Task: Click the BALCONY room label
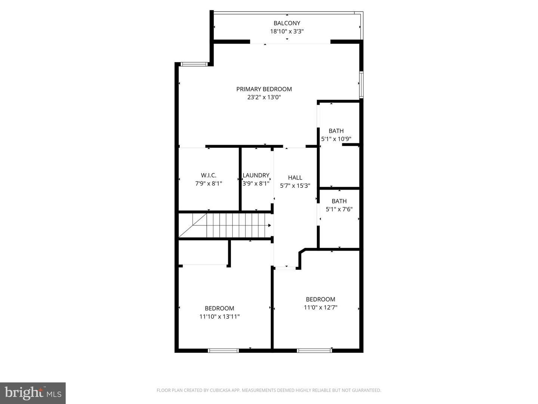[x=287, y=23]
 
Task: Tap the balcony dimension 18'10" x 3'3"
[x=287, y=32]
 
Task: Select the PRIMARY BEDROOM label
[x=264, y=89]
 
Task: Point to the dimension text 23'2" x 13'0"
[x=264, y=97]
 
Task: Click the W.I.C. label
[x=208, y=175]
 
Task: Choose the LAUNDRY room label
[x=256, y=175]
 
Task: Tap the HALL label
[x=295, y=177]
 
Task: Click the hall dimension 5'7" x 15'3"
[x=295, y=186]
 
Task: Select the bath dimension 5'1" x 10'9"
[x=336, y=139]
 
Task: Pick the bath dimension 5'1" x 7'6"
[x=339, y=209]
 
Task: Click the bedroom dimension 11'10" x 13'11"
[x=219, y=316]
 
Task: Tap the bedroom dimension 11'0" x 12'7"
[x=320, y=307]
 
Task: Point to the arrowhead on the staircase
[x=269, y=226]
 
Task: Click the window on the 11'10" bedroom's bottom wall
[x=223, y=351]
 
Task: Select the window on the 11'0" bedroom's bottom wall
[x=314, y=351]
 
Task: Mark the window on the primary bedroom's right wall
[x=361, y=85]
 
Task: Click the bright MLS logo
[x=33, y=393]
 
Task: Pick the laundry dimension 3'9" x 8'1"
[x=256, y=184]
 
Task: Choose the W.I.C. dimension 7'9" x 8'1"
[x=208, y=184]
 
